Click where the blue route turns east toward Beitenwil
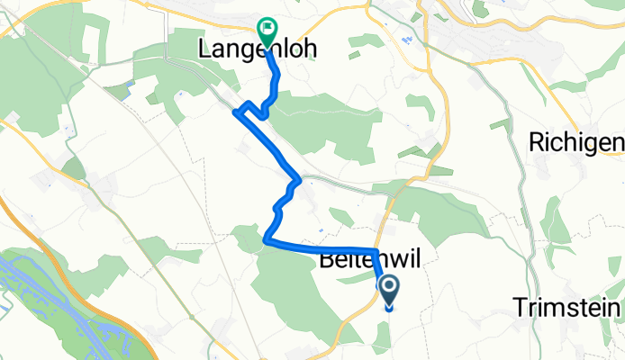click(267, 241)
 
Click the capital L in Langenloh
click(204, 52)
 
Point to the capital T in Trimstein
click(521, 309)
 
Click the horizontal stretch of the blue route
click(324, 247)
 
